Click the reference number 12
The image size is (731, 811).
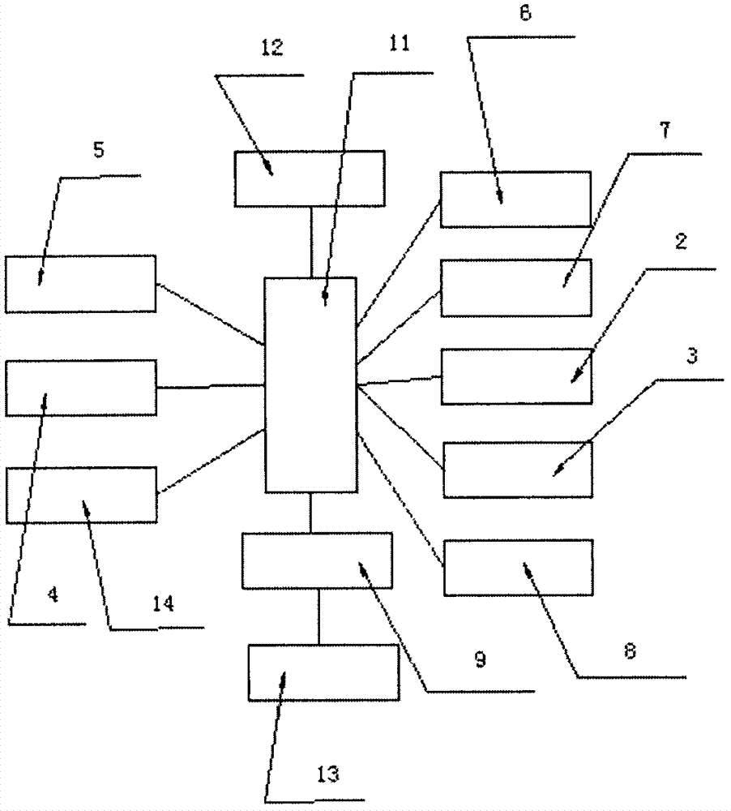pyautogui.click(x=272, y=47)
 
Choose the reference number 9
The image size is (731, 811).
pyautogui.click(x=480, y=660)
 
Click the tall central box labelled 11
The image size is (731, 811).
pyautogui.click(x=310, y=385)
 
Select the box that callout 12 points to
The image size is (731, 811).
pyautogui.click(x=310, y=178)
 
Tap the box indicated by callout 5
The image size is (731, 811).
pyautogui.click(x=80, y=284)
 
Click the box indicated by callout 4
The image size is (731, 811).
pyautogui.click(x=81, y=388)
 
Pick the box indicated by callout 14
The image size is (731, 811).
pyautogui.click(x=81, y=494)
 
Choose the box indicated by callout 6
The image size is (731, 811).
pyautogui.click(x=515, y=199)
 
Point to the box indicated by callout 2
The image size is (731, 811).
pyautogui.click(x=516, y=376)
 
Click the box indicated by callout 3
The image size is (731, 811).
pyautogui.click(x=517, y=470)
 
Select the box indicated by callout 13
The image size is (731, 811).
pyautogui.click(x=323, y=672)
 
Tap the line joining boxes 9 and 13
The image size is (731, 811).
pyautogui.click(x=319, y=616)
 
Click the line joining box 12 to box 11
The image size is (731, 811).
pyautogui.click(x=311, y=242)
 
